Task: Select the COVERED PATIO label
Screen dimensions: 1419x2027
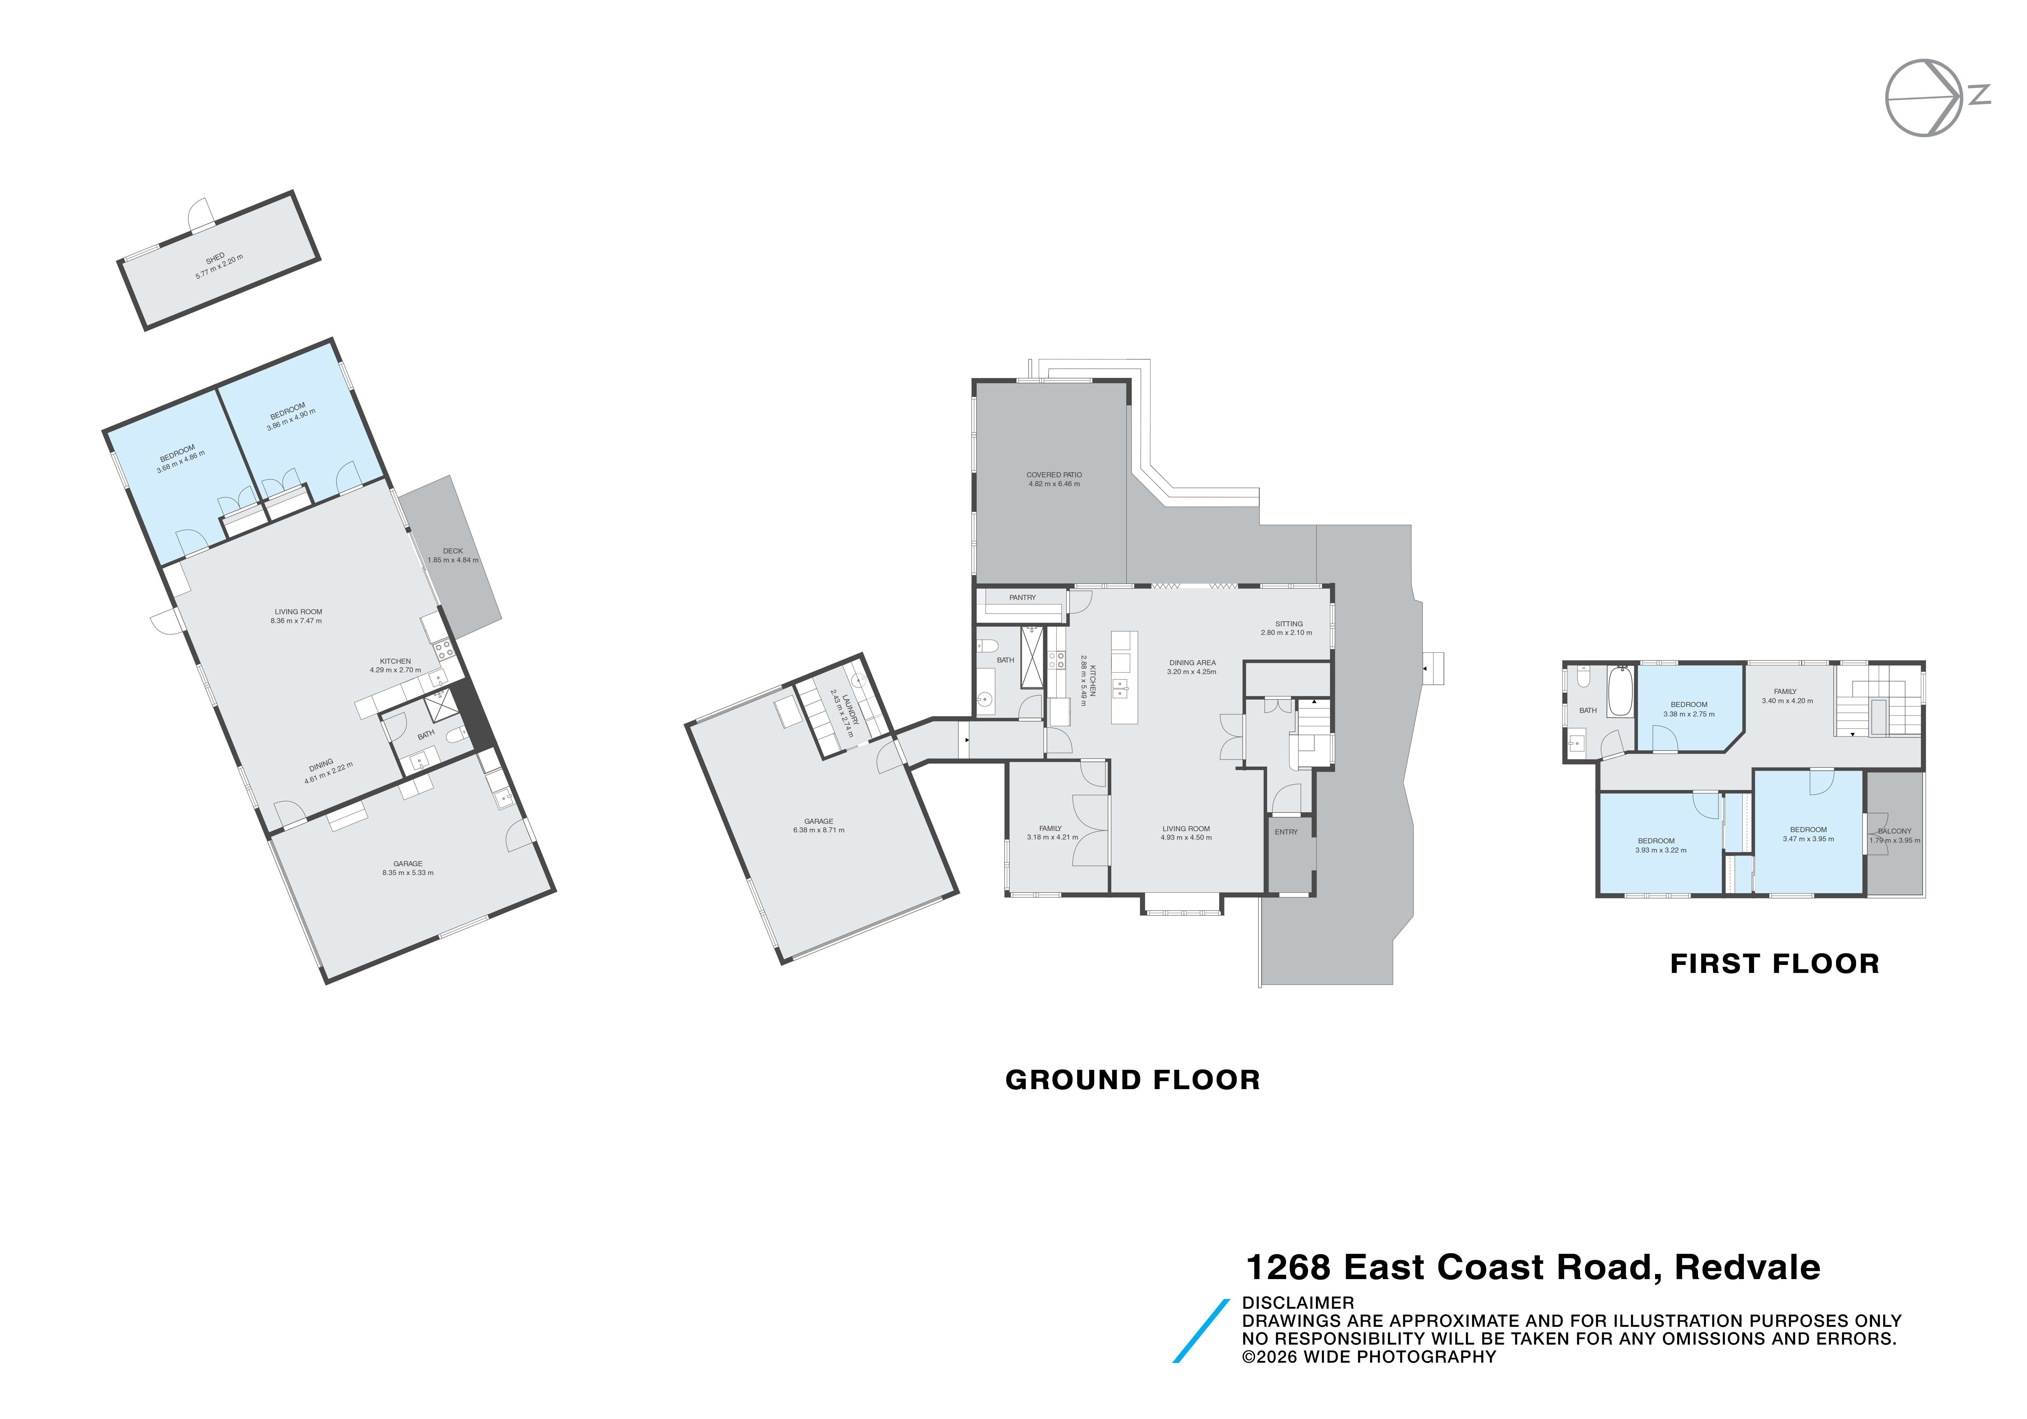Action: pos(1053,475)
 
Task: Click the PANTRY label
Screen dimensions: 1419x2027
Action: pos(1022,598)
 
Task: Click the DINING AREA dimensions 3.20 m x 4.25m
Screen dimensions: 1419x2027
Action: pos(1192,672)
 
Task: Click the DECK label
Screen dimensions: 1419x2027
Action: pos(453,551)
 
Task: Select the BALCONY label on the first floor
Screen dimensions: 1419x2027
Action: pos(1895,831)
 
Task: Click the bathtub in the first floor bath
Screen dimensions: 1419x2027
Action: pos(1620,691)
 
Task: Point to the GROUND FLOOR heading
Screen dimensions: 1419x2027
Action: pos(1133,1080)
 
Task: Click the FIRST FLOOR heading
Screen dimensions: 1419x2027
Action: pos(1775,963)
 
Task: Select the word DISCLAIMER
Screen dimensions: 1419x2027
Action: pos(1298,1303)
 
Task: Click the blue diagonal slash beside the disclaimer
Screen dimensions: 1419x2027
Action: pos(1201,1331)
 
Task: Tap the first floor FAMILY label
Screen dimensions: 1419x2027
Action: pos(1785,691)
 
